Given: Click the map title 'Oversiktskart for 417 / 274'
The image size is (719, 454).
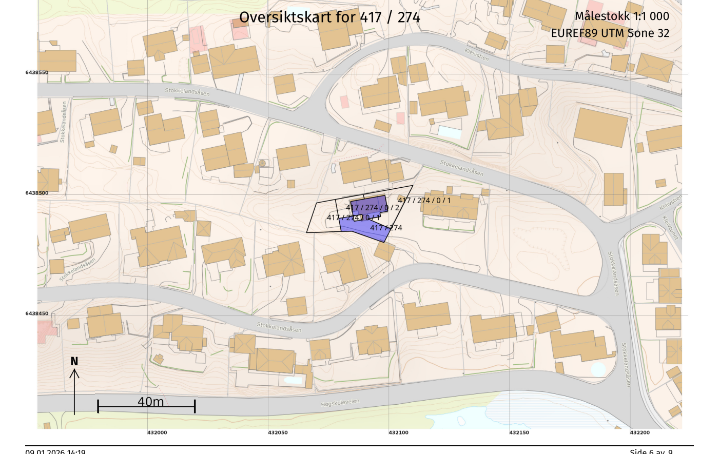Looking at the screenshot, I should pyautogui.click(x=329, y=17).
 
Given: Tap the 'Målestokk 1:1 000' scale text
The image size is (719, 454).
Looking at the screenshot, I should pyautogui.click(x=621, y=16).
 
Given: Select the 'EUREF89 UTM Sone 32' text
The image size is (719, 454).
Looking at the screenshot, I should pyautogui.click(x=610, y=33).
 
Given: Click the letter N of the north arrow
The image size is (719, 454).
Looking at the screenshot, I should pyautogui.click(x=74, y=362).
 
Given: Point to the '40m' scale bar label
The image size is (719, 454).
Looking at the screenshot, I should pyautogui.click(x=150, y=402).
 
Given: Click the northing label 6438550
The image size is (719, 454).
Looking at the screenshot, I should pyautogui.click(x=37, y=72).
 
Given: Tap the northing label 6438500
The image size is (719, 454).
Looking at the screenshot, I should pyautogui.click(x=37, y=193).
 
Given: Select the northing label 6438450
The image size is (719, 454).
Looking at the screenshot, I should pyautogui.click(x=37, y=313).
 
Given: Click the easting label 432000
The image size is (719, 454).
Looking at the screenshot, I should pyautogui.click(x=157, y=432).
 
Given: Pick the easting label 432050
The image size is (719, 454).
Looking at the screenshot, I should pyautogui.click(x=278, y=432).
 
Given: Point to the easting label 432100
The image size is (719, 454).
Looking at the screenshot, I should pyautogui.click(x=398, y=432).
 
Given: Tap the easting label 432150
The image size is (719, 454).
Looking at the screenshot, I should pyautogui.click(x=519, y=432).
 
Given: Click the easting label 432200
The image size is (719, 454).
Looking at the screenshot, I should pyautogui.click(x=639, y=432).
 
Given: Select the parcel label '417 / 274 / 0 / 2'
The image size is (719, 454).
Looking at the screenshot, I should pyautogui.click(x=372, y=208).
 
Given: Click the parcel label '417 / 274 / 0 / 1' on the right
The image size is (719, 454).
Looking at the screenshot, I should pyautogui.click(x=424, y=200).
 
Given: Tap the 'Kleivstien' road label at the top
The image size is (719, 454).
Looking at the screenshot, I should pyautogui.click(x=477, y=54).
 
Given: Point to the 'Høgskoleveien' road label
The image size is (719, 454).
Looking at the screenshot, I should pyautogui.click(x=340, y=403).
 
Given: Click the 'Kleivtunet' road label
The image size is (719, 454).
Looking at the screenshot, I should pyautogui.click(x=670, y=228).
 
